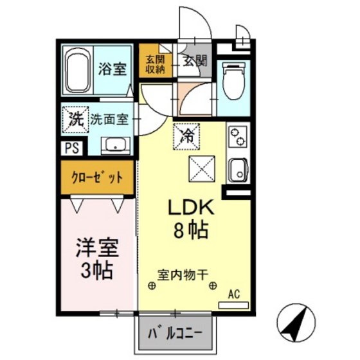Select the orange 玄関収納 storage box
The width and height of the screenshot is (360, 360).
[x=155, y=61]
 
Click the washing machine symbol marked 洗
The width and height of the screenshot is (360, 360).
[x=74, y=118]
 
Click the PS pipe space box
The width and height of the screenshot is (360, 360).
[x=71, y=147]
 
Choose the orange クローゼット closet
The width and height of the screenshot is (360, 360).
[x=98, y=177]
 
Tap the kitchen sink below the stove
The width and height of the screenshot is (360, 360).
[x=237, y=170]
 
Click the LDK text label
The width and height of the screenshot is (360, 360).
[x=190, y=208]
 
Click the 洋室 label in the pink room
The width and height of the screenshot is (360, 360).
[x=98, y=248]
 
